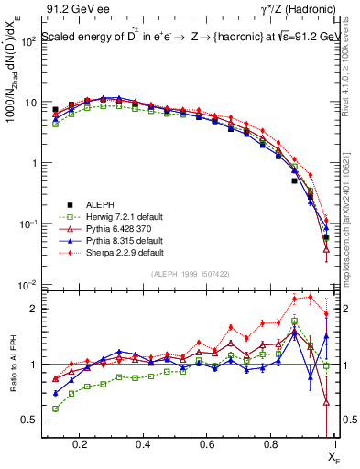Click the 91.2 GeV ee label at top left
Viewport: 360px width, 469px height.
75,9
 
